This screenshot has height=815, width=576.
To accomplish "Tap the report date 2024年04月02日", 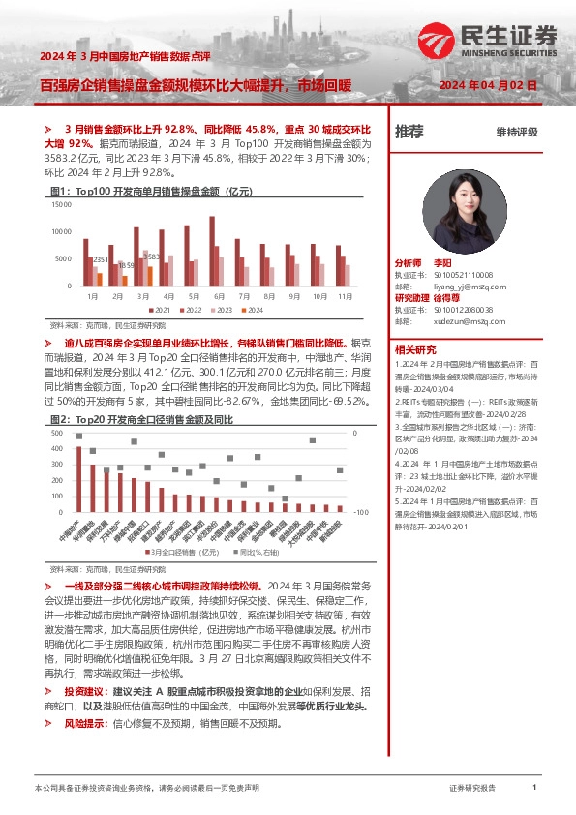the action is pyautogui.click(x=488, y=86).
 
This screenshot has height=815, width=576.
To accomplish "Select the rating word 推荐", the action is pyautogui.click(x=409, y=133).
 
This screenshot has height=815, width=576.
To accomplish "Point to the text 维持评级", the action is pyautogui.click(x=517, y=133).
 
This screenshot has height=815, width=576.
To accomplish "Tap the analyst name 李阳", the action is pyautogui.click(x=442, y=263).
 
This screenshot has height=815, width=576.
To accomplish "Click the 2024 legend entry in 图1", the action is pyautogui.click(x=253, y=310).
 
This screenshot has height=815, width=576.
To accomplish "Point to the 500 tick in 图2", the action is pyautogui.click(x=57, y=435).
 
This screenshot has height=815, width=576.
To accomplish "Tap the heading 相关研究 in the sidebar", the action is pyautogui.click(x=414, y=349).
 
